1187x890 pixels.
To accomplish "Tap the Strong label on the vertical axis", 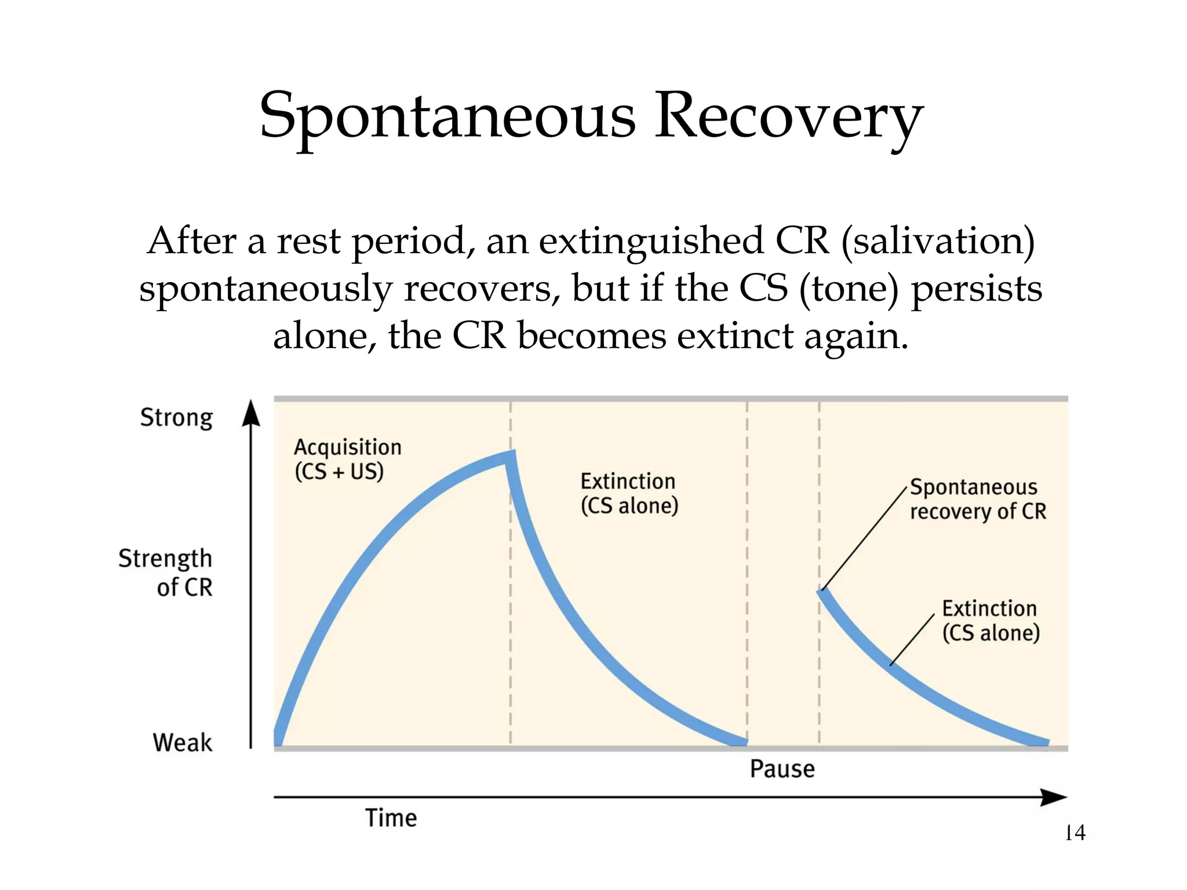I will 176,417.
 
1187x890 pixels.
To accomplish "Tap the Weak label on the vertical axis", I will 183,742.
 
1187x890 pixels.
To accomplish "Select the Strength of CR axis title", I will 166,572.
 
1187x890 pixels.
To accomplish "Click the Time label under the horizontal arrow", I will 391,818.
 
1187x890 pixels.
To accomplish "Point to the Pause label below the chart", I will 782,769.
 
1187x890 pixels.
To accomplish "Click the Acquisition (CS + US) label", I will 347,459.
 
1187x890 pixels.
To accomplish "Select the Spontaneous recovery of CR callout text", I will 977,499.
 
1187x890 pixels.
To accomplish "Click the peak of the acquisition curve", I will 510,456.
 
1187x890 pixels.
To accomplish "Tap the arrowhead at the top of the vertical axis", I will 251,413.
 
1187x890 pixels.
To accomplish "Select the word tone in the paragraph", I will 849,289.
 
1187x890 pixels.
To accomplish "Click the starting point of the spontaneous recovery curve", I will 822,592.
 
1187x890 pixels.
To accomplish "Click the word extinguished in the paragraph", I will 651,241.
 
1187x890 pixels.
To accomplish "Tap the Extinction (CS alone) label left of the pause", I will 629,493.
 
